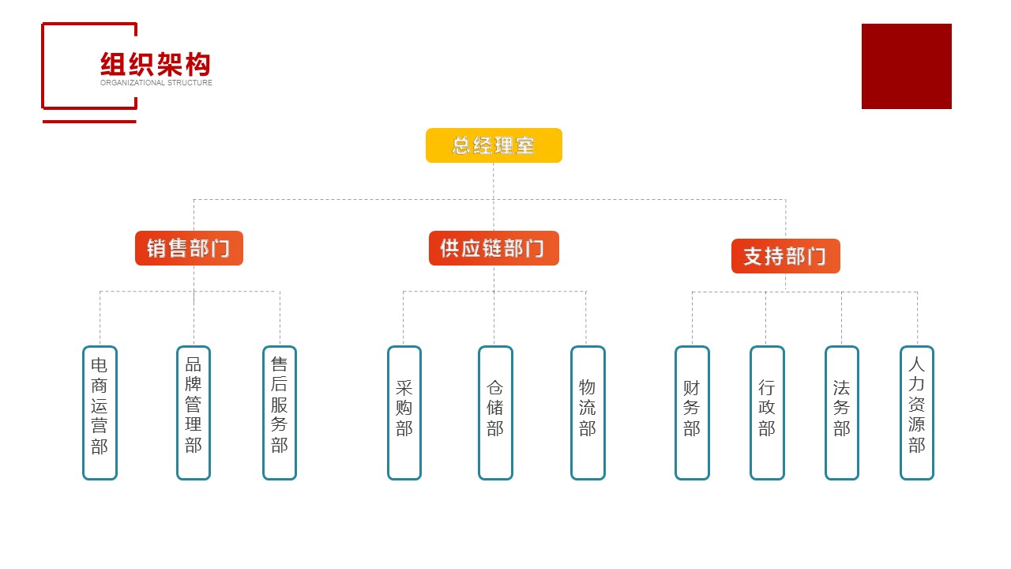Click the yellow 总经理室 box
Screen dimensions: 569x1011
(494, 145)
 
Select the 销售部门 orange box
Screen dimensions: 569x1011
(189, 248)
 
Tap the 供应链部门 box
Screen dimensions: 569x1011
(494, 248)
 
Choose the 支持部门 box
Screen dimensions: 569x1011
(785, 256)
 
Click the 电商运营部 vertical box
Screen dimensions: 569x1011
(100, 413)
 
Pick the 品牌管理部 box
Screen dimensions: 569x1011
(194, 413)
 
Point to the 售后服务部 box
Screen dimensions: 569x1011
(280, 413)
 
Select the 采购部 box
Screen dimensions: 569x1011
(404, 413)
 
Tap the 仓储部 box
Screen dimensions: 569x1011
(495, 413)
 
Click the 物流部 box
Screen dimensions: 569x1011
(588, 413)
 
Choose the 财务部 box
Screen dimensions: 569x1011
(692, 413)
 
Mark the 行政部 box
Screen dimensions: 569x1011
(767, 413)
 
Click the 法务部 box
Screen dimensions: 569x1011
(842, 413)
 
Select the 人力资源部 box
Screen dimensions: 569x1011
(917, 413)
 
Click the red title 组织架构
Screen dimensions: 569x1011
(156, 64)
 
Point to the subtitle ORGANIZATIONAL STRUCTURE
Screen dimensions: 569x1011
(156, 83)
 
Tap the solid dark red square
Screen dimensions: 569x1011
(906, 66)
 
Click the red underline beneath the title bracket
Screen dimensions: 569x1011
(89, 122)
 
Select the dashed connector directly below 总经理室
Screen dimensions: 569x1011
(494, 180)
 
